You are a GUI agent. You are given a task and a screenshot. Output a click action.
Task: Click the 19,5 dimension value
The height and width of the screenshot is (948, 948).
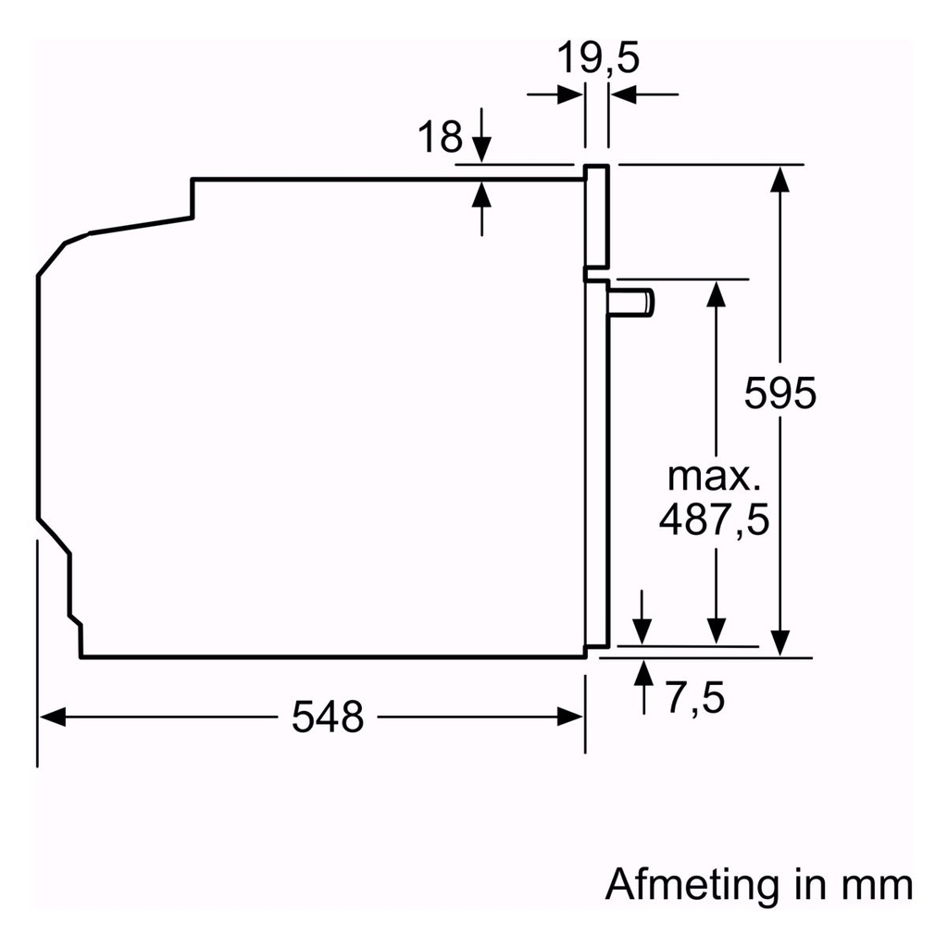[598, 59]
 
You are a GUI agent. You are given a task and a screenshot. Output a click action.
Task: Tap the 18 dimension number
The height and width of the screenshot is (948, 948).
[439, 138]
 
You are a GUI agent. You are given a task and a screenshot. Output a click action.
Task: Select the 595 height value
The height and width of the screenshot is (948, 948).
[780, 393]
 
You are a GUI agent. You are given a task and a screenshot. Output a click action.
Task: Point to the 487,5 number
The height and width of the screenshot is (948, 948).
[714, 520]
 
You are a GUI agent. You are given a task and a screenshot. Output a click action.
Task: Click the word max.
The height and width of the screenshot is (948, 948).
[714, 479]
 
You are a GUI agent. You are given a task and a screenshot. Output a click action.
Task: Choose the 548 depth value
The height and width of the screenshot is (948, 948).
[328, 717]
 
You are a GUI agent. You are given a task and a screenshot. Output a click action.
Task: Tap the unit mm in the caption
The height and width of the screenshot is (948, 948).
[876, 884]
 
